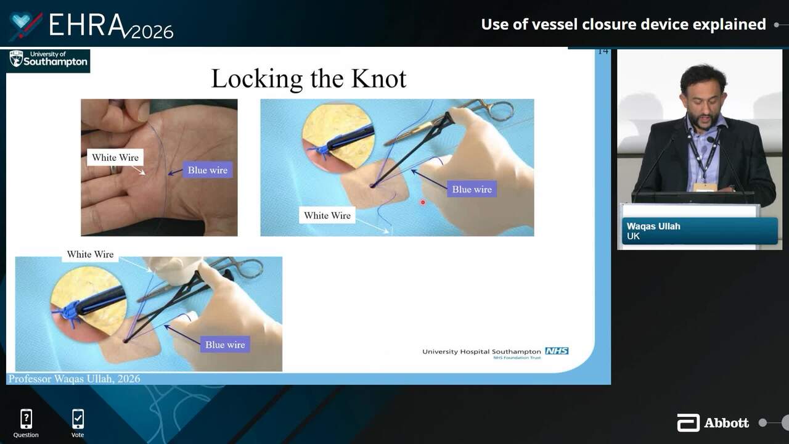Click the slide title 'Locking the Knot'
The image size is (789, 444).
(x=309, y=79)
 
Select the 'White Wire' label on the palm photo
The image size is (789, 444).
(x=115, y=157)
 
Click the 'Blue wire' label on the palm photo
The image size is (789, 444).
(x=208, y=170)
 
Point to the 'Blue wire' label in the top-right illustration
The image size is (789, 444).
(x=472, y=189)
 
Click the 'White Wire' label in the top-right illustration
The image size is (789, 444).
(x=327, y=215)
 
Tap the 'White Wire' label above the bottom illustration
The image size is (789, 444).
(x=90, y=254)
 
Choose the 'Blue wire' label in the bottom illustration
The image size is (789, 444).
(x=225, y=345)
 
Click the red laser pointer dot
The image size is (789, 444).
(x=423, y=202)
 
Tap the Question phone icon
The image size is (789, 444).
(x=26, y=419)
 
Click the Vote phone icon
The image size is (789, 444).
(x=78, y=419)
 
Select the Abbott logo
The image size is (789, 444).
(x=713, y=423)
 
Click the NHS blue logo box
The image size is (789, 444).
(x=557, y=351)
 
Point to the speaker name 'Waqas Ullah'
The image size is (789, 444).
(x=653, y=226)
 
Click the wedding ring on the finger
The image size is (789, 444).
(x=115, y=169)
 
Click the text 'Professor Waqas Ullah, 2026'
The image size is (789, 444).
(x=75, y=379)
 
